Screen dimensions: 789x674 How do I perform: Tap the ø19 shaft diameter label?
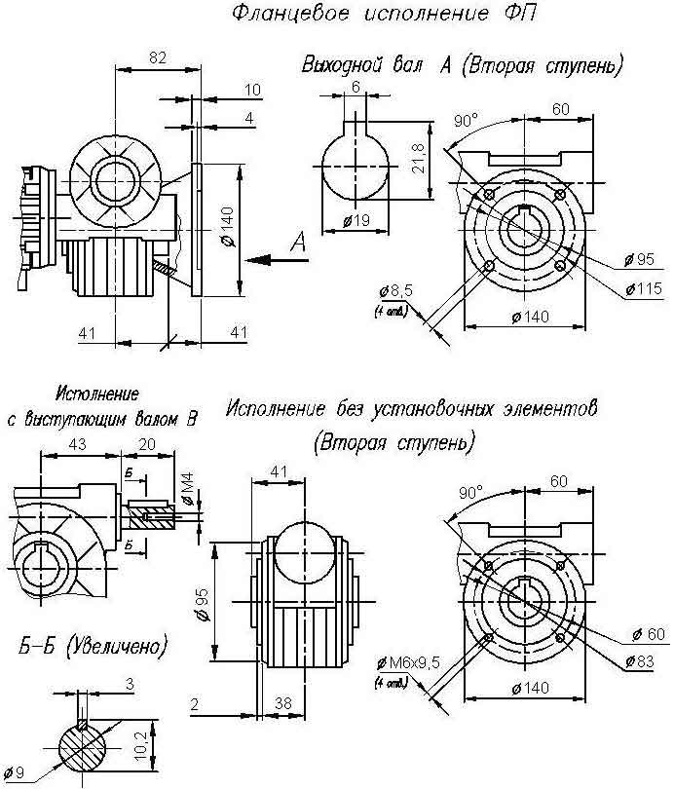pos(359,222)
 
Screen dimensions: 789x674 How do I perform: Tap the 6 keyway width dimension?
pos(356,87)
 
